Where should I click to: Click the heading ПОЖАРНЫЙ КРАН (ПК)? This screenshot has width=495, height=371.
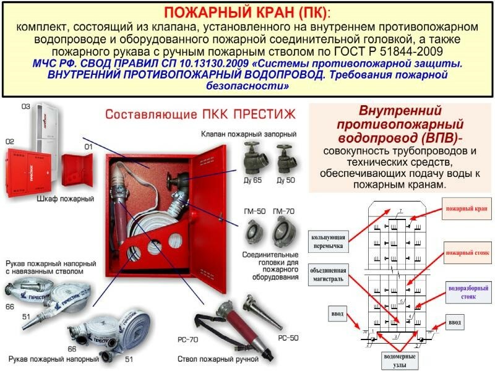(247, 13)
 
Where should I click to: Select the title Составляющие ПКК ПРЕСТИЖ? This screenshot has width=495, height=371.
(200, 115)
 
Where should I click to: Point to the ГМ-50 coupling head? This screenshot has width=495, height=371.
(254, 233)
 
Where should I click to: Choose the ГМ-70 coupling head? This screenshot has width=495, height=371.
(285, 233)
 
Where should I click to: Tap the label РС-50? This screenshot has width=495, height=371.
(288, 338)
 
